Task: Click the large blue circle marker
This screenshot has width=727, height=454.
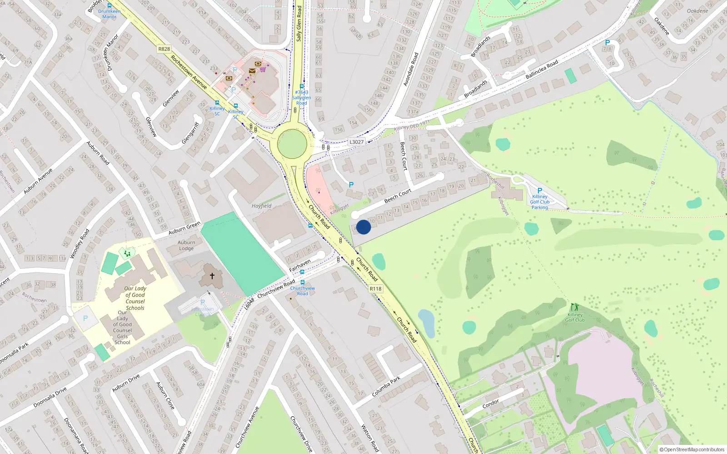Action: [363, 227]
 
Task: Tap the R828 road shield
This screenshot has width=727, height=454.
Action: [164, 49]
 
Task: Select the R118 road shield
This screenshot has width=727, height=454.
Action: [375, 289]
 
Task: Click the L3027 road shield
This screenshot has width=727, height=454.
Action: [357, 142]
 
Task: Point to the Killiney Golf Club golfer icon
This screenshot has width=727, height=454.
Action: [575, 307]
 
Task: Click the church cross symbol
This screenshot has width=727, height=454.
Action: [212, 276]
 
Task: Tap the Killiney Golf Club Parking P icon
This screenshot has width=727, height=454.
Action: [539, 191]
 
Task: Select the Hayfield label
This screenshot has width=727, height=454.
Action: [262, 206]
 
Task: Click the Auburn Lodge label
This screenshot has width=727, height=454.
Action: [186, 245]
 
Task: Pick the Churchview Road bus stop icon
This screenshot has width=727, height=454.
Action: [303, 282]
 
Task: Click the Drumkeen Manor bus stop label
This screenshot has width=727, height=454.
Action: [110, 14]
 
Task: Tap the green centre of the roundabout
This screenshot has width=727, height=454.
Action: [292, 143]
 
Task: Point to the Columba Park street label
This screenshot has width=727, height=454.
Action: [386, 387]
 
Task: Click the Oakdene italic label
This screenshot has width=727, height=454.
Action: [697, 11]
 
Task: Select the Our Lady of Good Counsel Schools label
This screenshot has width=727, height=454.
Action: [135, 298]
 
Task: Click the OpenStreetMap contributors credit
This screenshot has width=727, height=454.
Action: [692, 449]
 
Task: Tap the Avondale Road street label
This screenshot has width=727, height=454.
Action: [411, 69]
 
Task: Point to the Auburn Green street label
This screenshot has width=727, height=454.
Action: [184, 228]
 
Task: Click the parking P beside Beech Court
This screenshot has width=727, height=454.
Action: [351, 185]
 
